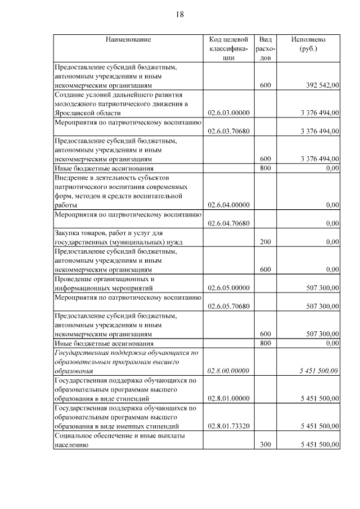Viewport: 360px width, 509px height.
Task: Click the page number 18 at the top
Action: (179, 15)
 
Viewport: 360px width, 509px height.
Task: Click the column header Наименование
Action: (128, 39)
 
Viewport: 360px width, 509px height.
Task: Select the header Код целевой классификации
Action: (228, 48)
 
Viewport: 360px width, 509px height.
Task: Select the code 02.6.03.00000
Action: (228, 113)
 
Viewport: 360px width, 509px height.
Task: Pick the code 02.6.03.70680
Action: (228, 132)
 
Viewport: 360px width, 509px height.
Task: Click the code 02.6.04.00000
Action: (228, 205)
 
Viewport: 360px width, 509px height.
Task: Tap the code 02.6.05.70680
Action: (228, 306)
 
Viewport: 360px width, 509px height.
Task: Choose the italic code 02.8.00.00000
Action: (228, 371)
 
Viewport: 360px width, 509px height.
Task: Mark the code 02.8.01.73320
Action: (228, 426)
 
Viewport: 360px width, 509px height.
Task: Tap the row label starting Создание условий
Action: (120, 104)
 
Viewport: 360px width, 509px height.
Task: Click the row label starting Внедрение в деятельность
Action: (120, 191)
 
